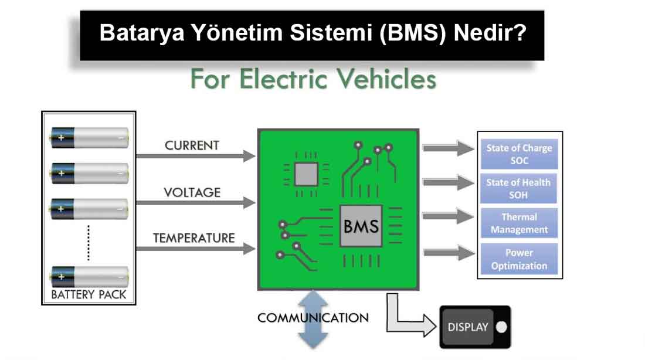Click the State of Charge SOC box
pyautogui.click(x=519, y=154)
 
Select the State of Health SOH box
pyautogui.click(x=519, y=188)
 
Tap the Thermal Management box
pyautogui.click(x=519, y=223)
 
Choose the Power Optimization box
pyautogui.click(x=519, y=259)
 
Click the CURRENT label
pyautogui.click(x=192, y=145)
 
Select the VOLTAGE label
pyautogui.click(x=192, y=192)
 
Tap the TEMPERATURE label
pyautogui.click(x=193, y=238)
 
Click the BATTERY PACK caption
pyautogui.click(x=89, y=294)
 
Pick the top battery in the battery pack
pyautogui.click(x=89, y=138)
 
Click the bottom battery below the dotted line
pyautogui.click(x=89, y=276)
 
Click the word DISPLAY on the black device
pyautogui.click(x=468, y=327)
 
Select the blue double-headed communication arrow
pyautogui.click(x=313, y=320)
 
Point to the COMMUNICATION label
pyautogui.click(x=313, y=318)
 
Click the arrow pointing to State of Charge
pyautogui.click(x=449, y=149)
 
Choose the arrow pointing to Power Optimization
pyautogui.click(x=449, y=253)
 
